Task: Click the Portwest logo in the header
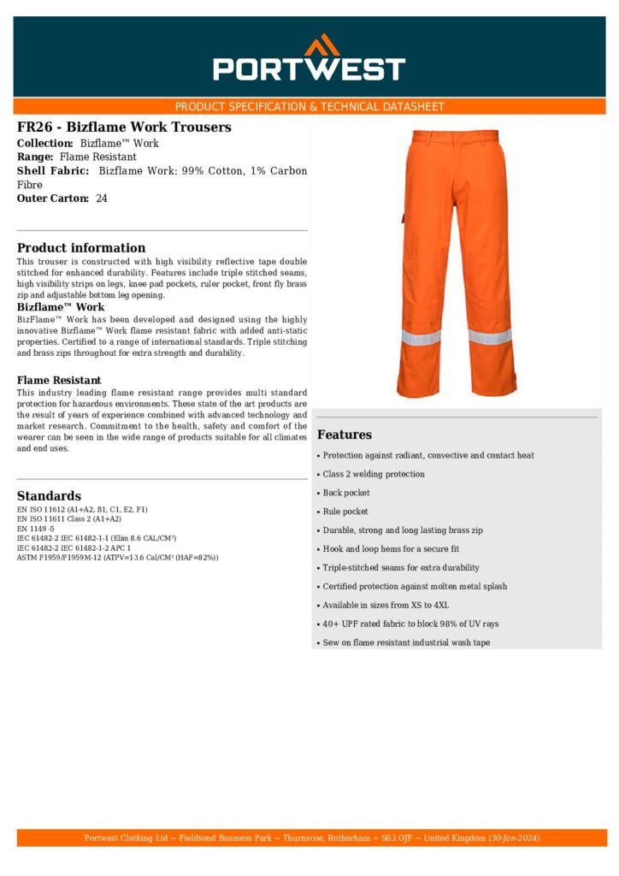(x=309, y=58)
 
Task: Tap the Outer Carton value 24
(x=102, y=198)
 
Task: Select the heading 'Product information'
(x=81, y=248)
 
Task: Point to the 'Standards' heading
(x=49, y=496)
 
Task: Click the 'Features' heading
(x=345, y=435)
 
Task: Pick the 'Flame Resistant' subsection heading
(x=59, y=380)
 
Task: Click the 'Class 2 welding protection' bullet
(x=373, y=474)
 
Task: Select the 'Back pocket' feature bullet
(x=345, y=493)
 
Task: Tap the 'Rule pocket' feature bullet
(x=345, y=512)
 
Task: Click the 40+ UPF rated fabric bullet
(x=410, y=624)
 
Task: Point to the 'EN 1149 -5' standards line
(x=36, y=529)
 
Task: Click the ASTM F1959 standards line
(x=117, y=558)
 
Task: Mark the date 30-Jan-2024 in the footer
(x=514, y=838)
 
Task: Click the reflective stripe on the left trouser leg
(x=421, y=337)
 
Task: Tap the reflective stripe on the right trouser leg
(x=491, y=335)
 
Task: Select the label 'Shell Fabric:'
(x=53, y=171)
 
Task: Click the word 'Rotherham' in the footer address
(x=340, y=838)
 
